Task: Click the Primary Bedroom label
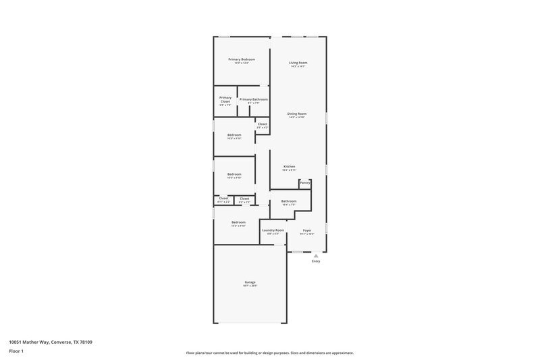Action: point(241,59)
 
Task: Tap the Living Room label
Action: point(298,63)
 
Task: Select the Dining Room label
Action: point(297,113)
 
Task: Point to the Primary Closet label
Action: point(225,99)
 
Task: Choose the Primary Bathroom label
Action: point(253,99)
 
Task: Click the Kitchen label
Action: point(289,167)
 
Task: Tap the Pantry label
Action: point(305,182)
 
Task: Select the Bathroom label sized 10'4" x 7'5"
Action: point(289,201)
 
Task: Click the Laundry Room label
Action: point(273,230)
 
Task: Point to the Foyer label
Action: point(307,230)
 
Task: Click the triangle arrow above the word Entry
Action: point(315,256)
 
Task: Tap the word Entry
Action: point(315,261)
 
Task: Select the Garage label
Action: point(250,282)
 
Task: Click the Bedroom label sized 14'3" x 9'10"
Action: point(238,222)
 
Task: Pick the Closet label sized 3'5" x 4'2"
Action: point(262,124)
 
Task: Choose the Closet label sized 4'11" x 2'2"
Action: point(223,198)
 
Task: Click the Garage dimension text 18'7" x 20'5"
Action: point(250,286)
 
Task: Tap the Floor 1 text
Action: point(16,352)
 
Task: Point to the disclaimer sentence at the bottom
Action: point(270,353)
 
